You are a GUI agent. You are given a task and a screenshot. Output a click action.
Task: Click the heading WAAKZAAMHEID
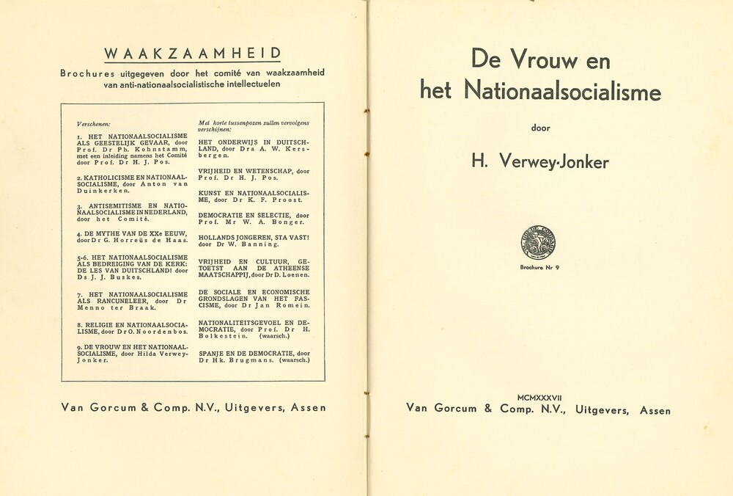(x=192, y=53)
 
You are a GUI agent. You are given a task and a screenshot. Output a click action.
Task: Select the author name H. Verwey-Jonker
(x=539, y=161)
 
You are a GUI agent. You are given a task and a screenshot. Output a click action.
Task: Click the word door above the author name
(x=540, y=128)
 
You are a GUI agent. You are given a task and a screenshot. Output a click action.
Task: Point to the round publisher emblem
(x=538, y=243)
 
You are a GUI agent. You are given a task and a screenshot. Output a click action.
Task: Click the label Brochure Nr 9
(x=539, y=267)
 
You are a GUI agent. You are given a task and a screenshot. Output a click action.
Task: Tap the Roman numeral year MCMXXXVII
(x=539, y=397)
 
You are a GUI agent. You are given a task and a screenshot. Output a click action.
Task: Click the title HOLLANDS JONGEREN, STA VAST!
(x=254, y=238)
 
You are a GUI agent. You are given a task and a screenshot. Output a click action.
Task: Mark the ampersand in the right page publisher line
(x=487, y=409)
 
